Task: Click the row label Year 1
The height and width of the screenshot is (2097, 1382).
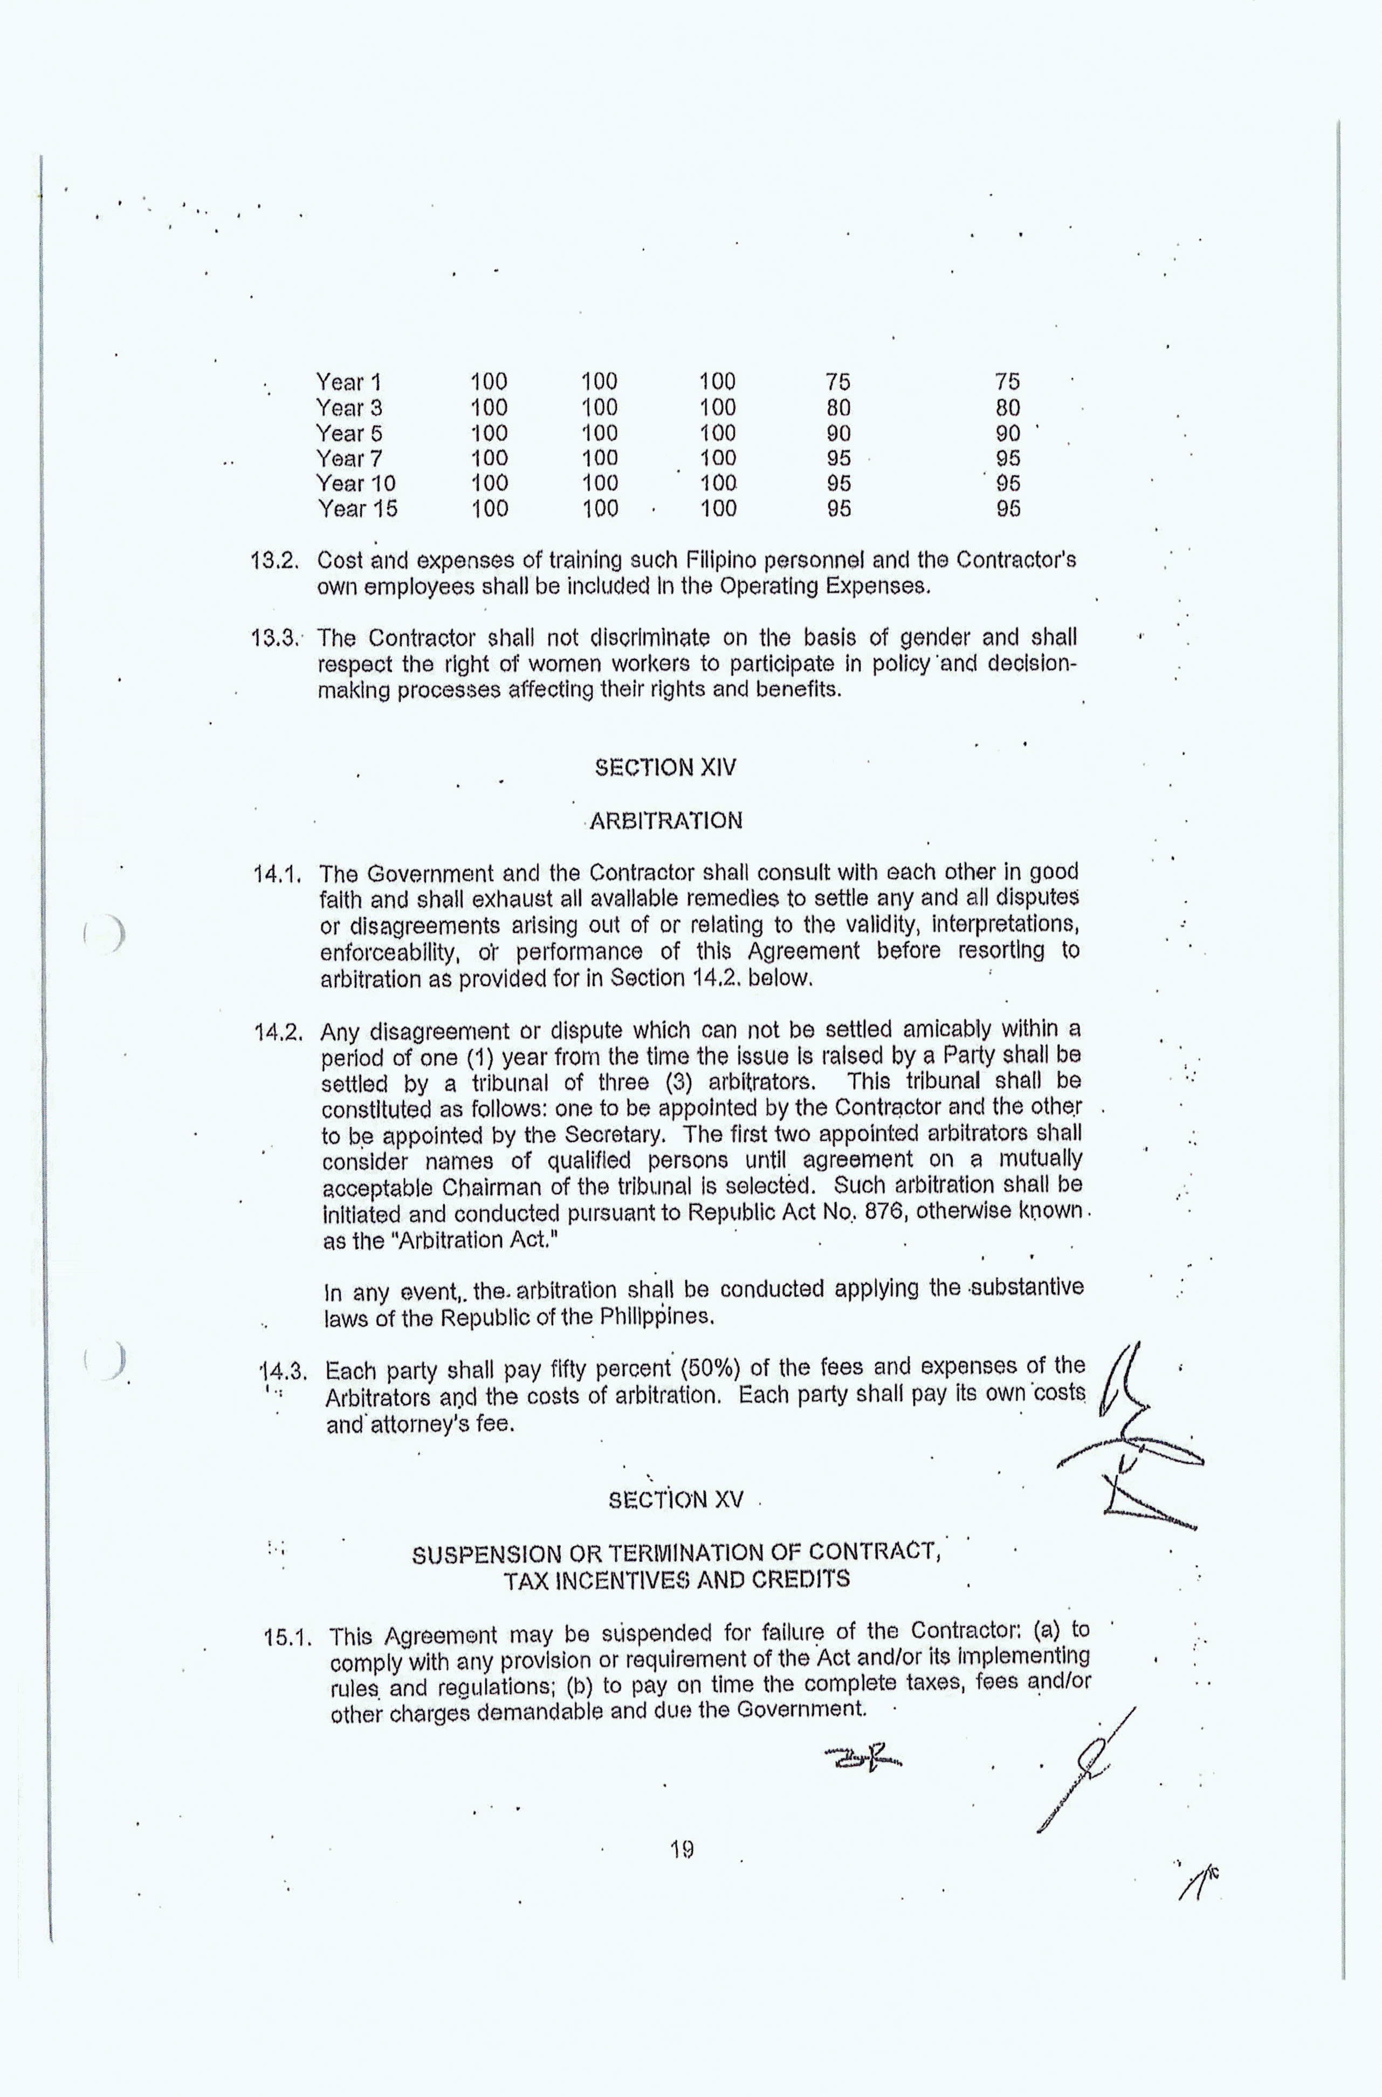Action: tap(348, 382)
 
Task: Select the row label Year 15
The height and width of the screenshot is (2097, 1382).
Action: tap(357, 509)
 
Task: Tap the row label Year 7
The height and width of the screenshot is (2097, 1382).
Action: tap(348, 458)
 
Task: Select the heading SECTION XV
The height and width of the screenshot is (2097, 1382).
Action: tap(676, 1500)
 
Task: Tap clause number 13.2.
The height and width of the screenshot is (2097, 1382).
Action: tap(277, 560)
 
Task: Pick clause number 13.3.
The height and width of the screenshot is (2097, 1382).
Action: tap(277, 638)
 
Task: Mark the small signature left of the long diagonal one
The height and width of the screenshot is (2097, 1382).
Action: tap(864, 1763)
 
